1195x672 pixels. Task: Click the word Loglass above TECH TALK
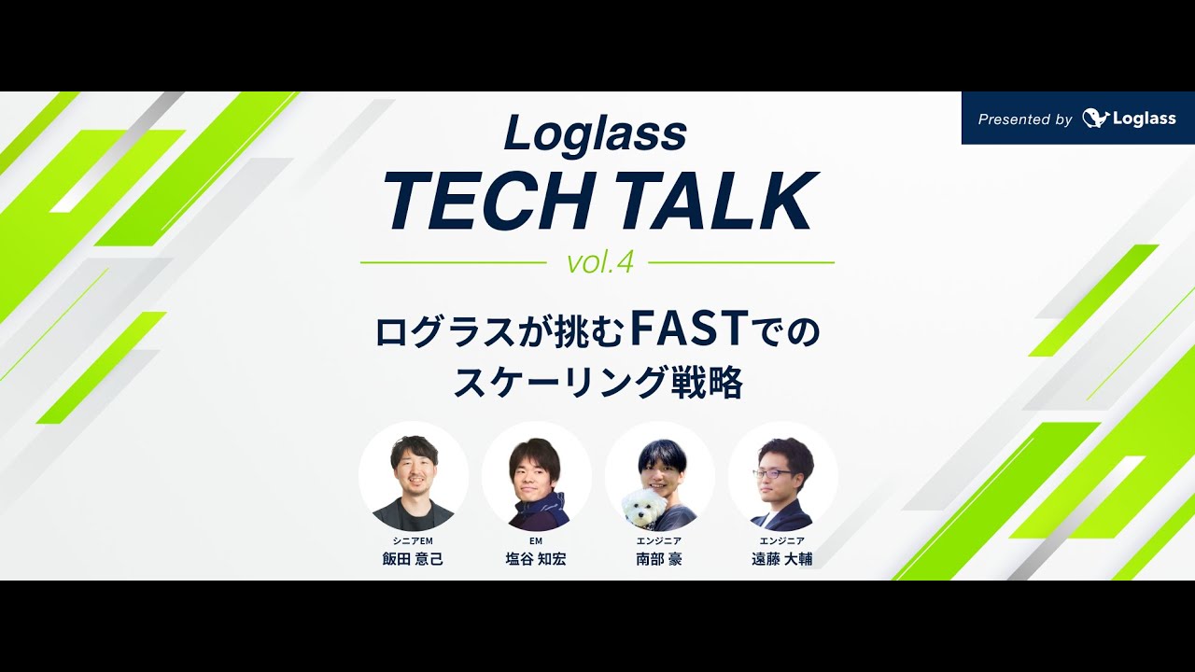tap(596, 134)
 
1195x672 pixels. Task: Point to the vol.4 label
tap(599, 263)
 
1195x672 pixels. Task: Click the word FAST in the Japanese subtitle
tap(690, 330)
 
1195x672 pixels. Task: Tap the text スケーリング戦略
tap(597, 383)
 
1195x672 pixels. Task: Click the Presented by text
tap(1024, 119)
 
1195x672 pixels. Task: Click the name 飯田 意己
tap(413, 559)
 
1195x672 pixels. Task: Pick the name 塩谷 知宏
tap(536, 559)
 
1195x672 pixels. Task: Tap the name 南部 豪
tap(659, 559)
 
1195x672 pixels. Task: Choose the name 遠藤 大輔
tap(782, 559)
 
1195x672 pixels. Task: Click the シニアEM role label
tap(413, 541)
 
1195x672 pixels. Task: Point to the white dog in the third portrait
tap(644, 507)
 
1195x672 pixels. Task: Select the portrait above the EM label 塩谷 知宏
tap(536, 477)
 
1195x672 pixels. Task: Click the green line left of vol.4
tap(453, 263)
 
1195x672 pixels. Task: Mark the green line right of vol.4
tap(740, 263)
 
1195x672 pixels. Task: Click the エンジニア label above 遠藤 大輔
tap(782, 541)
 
